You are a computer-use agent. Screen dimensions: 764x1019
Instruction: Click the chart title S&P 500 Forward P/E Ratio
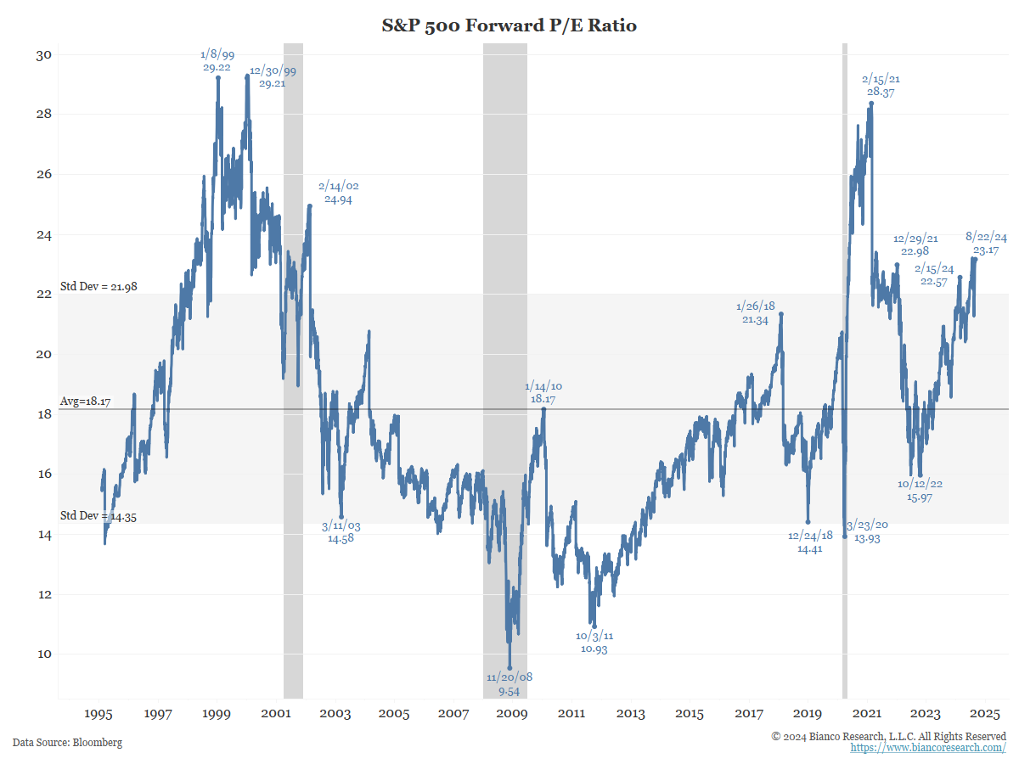pos(509,25)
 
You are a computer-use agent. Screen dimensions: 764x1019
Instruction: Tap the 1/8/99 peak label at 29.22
pos(218,61)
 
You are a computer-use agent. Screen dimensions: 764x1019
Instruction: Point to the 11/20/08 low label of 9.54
pos(509,683)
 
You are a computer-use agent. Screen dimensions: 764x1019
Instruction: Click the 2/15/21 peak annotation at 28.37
pos(881,86)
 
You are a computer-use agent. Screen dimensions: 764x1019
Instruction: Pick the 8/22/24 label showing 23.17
pos(987,244)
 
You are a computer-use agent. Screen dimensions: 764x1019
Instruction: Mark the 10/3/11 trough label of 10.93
pos(594,642)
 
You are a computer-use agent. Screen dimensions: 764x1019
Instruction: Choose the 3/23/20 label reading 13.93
pos(867,531)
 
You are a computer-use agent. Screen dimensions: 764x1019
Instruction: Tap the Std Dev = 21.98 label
pos(99,287)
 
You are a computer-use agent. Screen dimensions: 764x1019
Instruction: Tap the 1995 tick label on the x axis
pos(99,714)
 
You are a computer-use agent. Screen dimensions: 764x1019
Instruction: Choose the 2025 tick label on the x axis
pos(985,714)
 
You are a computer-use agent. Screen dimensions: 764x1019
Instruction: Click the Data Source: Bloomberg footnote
pos(67,743)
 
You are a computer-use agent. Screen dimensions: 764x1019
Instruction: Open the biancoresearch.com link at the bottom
pos(928,748)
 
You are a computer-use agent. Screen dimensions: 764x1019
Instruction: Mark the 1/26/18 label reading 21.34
pos(756,312)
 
